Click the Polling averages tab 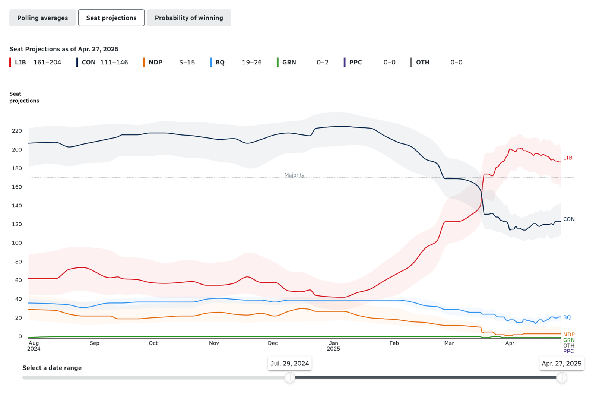[x=42, y=18]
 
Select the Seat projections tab [x=111, y=18]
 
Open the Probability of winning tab [x=189, y=18]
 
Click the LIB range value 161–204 [x=47, y=63]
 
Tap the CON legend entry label [x=89, y=63]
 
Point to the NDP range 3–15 [x=187, y=63]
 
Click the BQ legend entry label [x=220, y=63]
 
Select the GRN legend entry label [x=289, y=63]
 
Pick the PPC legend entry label [x=355, y=63]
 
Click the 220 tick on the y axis [x=17, y=131]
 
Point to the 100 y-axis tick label [x=17, y=243]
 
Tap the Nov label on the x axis [x=214, y=343]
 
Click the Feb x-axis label [x=394, y=343]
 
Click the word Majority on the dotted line [x=294, y=175]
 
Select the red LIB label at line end [x=568, y=158]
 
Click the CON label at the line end [x=569, y=219]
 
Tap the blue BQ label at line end [x=567, y=317]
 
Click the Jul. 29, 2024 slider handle [x=290, y=378]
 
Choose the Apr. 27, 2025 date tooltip [x=561, y=364]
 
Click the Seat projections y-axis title [x=24, y=97]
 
